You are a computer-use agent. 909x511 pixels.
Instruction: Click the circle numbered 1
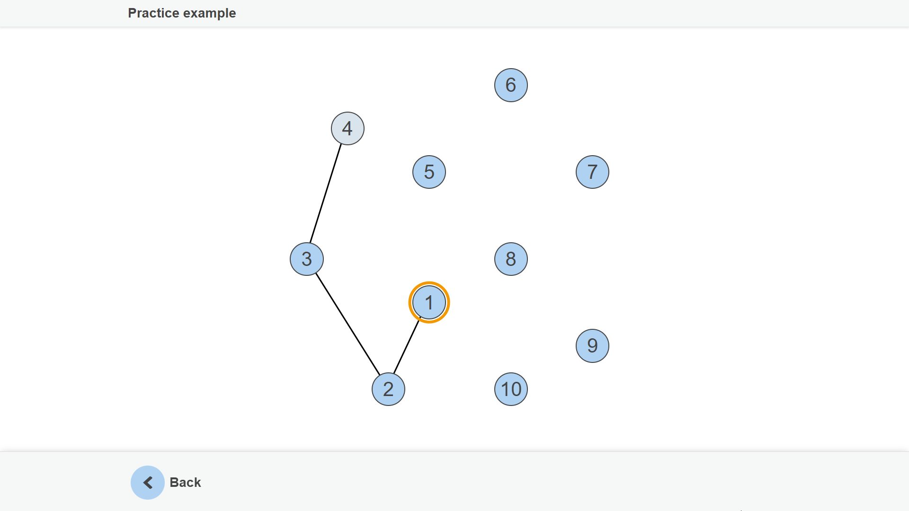(x=429, y=302)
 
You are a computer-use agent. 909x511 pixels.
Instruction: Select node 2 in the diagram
(x=388, y=389)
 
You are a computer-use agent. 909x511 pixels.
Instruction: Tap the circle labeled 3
(x=307, y=259)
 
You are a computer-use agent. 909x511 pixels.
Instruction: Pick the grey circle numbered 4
(x=348, y=128)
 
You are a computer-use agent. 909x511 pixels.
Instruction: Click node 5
(x=429, y=172)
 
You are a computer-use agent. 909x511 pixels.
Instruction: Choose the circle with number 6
(x=511, y=85)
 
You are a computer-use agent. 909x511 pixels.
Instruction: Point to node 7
(x=592, y=172)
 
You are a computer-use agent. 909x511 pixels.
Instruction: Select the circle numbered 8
(x=511, y=259)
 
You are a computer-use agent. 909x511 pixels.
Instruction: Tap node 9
(x=592, y=346)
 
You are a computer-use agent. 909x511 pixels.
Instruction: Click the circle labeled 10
(x=511, y=389)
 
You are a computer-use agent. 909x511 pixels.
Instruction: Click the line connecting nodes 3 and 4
(x=326, y=194)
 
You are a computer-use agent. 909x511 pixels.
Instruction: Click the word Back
(x=185, y=483)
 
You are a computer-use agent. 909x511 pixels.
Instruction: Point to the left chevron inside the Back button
(x=148, y=483)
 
